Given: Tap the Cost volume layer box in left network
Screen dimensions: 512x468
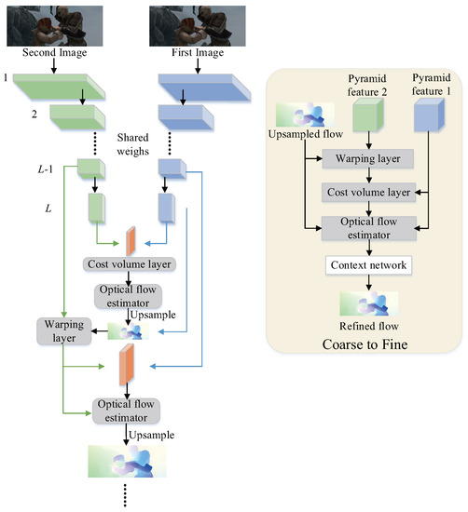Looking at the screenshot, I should [131, 263].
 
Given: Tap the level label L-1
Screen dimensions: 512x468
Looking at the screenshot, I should [42, 168].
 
